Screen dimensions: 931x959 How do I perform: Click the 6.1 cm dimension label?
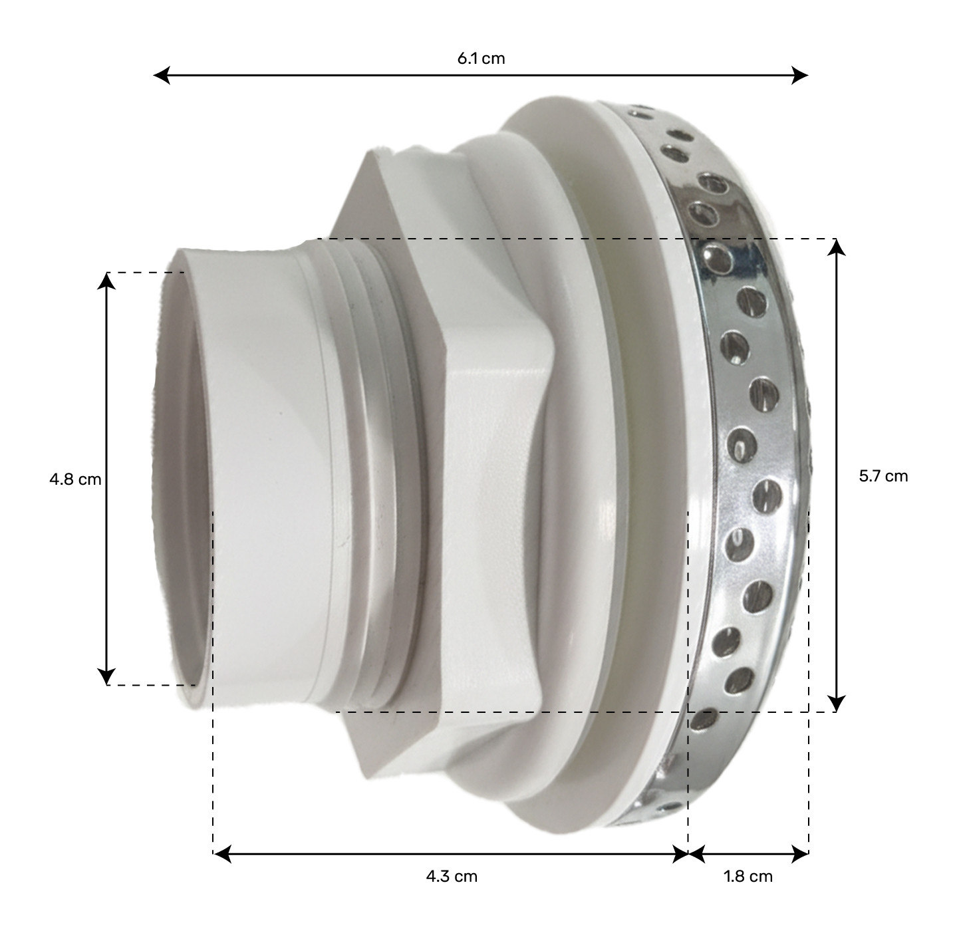click(481, 59)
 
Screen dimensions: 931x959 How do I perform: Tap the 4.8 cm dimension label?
click(75, 479)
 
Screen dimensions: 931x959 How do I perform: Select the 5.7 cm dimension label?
click(883, 476)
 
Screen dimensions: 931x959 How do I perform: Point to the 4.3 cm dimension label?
click(452, 876)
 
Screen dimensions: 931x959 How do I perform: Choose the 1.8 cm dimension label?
click(748, 876)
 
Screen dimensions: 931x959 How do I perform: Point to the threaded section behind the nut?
click(372, 465)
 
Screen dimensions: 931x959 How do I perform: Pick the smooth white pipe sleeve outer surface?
click(266, 465)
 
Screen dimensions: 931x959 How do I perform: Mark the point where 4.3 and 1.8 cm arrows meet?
click(688, 853)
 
